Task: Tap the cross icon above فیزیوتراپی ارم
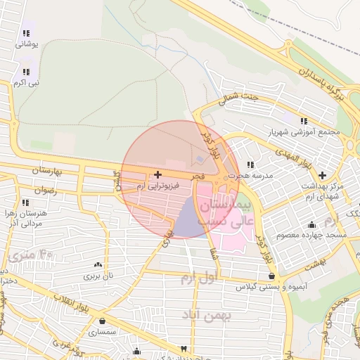tap(157, 174)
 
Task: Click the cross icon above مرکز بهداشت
tap(323, 175)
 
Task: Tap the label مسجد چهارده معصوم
tap(311, 234)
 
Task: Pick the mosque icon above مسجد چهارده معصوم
tap(311, 224)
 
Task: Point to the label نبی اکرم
tap(26, 83)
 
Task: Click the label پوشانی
tap(26, 44)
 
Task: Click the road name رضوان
tap(44, 190)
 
